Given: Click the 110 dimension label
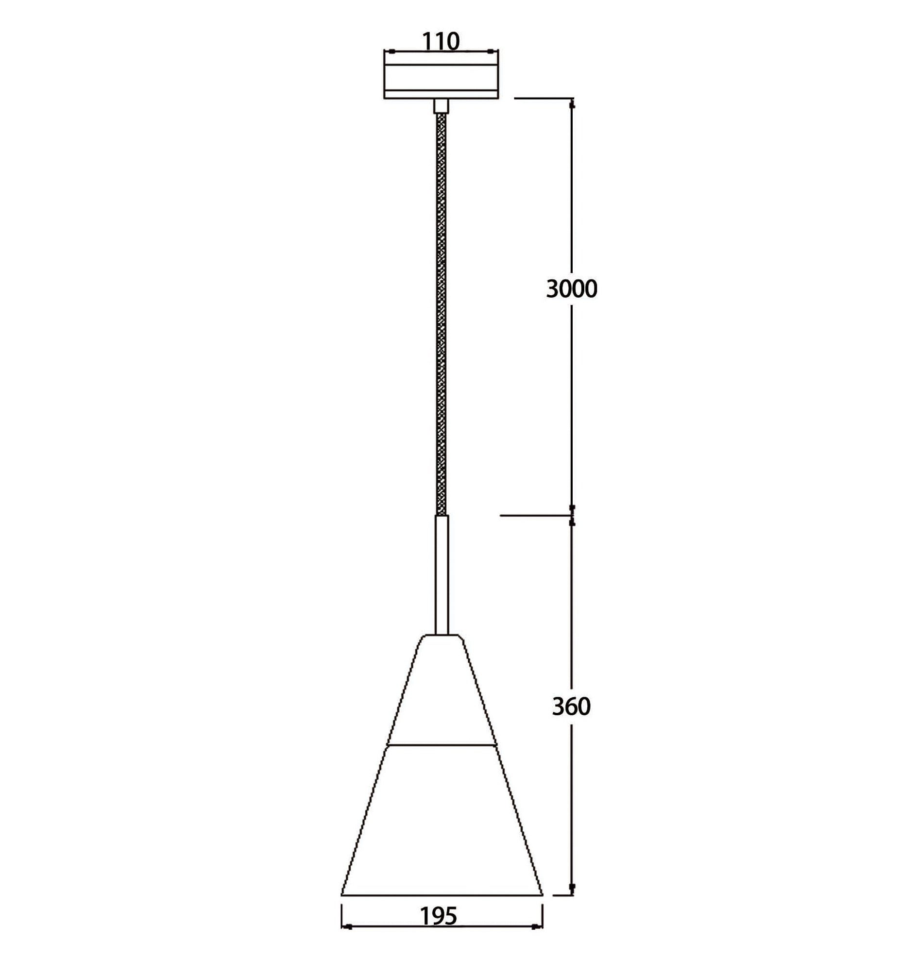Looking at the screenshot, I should click(x=441, y=42).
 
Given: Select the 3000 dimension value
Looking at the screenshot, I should click(x=572, y=289).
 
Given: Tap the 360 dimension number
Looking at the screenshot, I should click(x=571, y=706).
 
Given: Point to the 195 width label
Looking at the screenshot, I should click(x=439, y=916).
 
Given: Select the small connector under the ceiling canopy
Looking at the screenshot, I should click(x=441, y=106).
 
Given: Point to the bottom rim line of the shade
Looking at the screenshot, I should click(x=442, y=895).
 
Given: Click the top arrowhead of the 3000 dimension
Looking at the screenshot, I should click(x=572, y=104).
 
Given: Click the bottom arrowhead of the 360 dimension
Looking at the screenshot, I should click(x=572, y=888).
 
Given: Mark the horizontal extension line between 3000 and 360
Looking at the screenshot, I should click(x=535, y=516).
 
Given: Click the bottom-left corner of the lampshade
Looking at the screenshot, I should click(x=342, y=894).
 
